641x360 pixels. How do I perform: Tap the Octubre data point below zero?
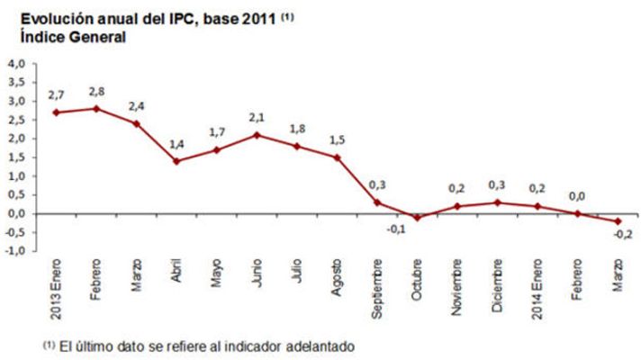tap(417, 218)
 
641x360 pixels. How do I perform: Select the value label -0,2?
tap(620, 236)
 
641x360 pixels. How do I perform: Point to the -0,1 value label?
tap(397, 229)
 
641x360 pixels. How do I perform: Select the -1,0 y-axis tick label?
tap(15, 251)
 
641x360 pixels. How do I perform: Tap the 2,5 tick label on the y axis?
tap(17, 120)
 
